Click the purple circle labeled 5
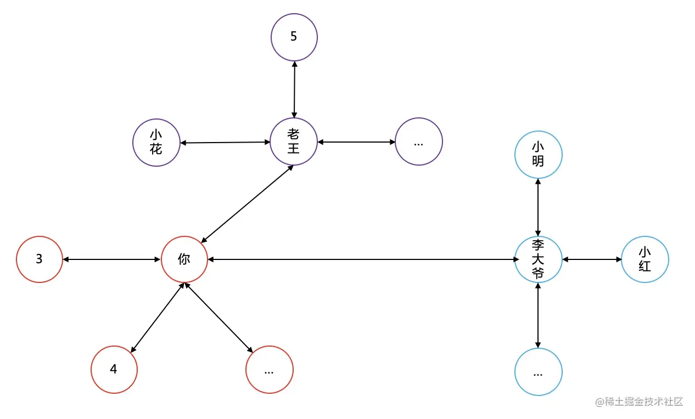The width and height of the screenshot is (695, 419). [x=294, y=37]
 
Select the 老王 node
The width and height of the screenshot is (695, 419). [x=294, y=141]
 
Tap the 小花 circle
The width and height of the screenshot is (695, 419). [x=156, y=142]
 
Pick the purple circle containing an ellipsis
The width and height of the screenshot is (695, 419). [x=419, y=141]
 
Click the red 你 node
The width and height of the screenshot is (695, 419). [x=184, y=259]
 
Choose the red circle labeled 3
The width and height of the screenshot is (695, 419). [x=40, y=259]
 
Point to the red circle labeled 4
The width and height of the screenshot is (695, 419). [x=114, y=369]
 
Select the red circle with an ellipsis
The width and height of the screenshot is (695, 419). [x=269, y=369]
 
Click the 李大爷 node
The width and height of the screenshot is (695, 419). [x=538, y=259]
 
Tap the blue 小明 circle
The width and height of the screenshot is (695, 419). [x=538, y=154]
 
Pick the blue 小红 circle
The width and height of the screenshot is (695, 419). [x=645, y=259]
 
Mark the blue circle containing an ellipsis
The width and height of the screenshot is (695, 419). [x=538, y=372]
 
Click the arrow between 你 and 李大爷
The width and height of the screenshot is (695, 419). [x=361, y=259]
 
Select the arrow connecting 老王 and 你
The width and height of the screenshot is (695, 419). [x=248, y=203]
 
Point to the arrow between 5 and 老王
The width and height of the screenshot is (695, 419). [x=294, y=89]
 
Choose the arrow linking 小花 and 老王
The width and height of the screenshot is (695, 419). [x=225, y=143]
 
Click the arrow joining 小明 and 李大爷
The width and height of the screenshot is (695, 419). [x=538, y=207]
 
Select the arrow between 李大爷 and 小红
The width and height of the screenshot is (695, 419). [x=591, y=259]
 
